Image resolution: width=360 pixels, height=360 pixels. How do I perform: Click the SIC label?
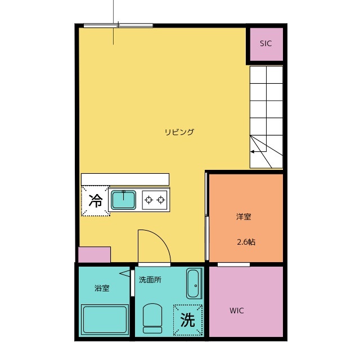point(265,43)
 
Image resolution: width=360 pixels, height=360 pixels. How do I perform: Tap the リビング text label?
point(179,132)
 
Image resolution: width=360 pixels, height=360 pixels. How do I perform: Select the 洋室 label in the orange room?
point(244,217)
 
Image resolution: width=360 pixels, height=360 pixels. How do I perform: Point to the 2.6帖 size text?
point(246,242)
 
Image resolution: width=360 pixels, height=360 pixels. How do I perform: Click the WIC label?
point(236,310)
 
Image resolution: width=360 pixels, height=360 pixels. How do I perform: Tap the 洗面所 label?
point(150,280)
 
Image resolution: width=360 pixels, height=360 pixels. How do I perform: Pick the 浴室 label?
point(102,288)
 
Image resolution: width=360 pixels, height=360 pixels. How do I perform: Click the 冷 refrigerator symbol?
point(96,201)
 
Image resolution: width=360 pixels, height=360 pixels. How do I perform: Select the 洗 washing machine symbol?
point(188,320)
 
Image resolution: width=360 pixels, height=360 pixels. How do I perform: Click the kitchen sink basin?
point(124,200)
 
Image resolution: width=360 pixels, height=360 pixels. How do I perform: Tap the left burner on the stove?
point(148,200)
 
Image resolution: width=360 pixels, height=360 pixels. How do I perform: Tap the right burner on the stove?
point(161,200)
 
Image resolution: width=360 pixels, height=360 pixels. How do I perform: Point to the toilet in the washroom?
point(152,318)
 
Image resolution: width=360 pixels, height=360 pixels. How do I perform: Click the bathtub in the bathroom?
point(105,319)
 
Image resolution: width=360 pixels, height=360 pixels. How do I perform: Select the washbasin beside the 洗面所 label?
point(194,283)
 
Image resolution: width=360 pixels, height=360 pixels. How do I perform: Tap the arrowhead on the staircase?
point(252,152)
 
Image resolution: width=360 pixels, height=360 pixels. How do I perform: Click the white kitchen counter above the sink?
point(125,179)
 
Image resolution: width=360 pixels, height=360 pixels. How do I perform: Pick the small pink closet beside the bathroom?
point(94,255)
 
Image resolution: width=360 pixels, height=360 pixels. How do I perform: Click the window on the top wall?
point(118,25)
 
